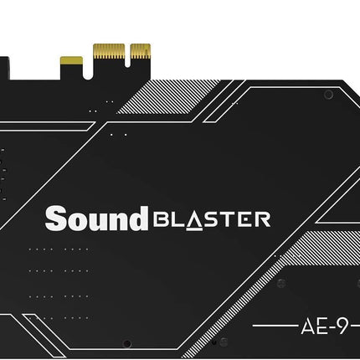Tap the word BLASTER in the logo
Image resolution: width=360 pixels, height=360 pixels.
pyautogui.click(x=211, y=219)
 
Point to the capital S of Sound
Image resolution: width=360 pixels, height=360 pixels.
pyautogui.click(x=56, y=219)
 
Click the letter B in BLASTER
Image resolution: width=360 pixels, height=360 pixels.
pyautogui.click(x=160, y=219)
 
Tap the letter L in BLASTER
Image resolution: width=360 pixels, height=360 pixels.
pyautogui.click(x=176, y=219)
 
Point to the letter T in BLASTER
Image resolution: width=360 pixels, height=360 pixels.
pyautogui.click(x=228, y=219)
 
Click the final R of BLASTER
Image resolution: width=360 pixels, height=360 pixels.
pyautogui.click(x=262, y=219)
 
